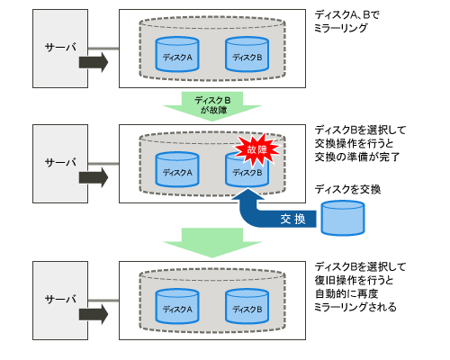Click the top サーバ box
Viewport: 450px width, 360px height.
[x=60, y=49]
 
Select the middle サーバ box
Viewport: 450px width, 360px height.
[x=60, y=164]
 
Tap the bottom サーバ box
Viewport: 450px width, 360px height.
[x=60, y=301]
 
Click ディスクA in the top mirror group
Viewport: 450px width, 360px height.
[x=177, y=54]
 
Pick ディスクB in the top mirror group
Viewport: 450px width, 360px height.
[x=247, y=54]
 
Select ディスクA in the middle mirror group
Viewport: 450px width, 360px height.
[x=177, y=169]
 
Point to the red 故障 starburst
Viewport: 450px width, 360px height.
[x=257, y=149]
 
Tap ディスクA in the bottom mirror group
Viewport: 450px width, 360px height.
[x=177, y=306]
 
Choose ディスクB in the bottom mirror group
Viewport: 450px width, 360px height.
[x=247, y=306]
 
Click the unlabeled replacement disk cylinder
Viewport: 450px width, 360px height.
[x=343, y=218]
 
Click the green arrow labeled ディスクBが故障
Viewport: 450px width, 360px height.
[x=212, y=105]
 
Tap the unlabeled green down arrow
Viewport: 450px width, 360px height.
[x=212, y=242]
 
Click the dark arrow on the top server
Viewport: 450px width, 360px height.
[x=94, y=62]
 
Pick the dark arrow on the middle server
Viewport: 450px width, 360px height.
[x=94, y=177]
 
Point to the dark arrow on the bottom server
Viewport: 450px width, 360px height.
[x=94, y=314]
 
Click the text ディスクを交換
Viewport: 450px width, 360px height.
[x=347, y=189]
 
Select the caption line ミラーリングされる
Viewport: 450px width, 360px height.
[x=355, y=307]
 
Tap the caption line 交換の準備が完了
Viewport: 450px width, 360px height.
[x=357, y=157]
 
